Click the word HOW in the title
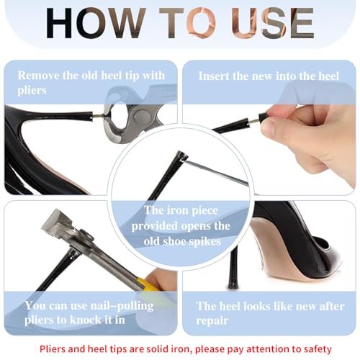tap(96, 23)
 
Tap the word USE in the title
tap(273, 23)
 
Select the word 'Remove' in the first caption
tap(38, 76)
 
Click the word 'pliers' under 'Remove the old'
tap(32, 91)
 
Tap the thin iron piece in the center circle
tap(215, 172)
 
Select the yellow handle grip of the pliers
tap(148, 284)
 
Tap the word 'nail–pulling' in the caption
tap(122, 306)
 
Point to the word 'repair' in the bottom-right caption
tap(212, 321)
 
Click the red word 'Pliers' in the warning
tap(53, 349)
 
